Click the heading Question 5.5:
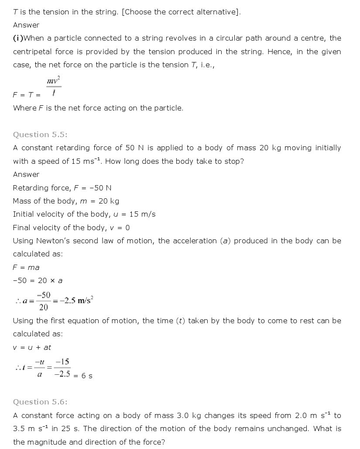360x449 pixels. [x=40, y=135]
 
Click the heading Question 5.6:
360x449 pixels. [x=40, y=402]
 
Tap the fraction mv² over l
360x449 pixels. [x=53, y=86]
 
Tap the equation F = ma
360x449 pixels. [x=26, y=267]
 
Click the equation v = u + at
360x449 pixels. [x=32, y=347]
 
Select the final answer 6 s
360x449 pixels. [x=87, y=376]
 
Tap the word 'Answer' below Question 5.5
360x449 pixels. [x=26, y=175]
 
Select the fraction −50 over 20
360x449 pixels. [x=44, y=301]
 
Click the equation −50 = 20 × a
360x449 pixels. [x=38, y=281]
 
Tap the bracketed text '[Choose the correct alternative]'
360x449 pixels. [x=181, y=12]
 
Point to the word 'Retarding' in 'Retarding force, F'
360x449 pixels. [x=29, y=188]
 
